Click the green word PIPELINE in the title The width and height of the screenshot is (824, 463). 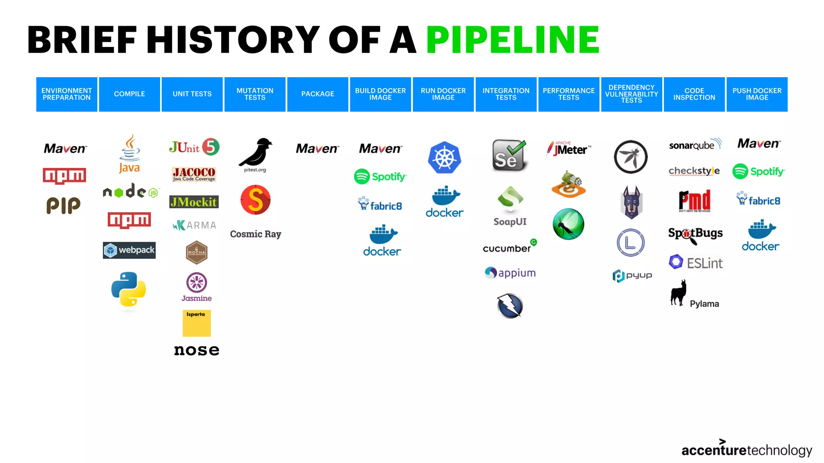click(513, 39)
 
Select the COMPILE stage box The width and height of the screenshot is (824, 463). click(130, 94)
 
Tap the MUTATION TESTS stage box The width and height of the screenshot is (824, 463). click(255, 94)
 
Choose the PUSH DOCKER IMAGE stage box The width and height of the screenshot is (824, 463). click(757, 94)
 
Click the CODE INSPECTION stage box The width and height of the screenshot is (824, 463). click(694, 94)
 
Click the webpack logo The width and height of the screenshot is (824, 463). click(129, 250)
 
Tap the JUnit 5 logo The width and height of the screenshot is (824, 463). click(194, 147)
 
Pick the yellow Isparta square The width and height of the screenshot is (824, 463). click(196, 323)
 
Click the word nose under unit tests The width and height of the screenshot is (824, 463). click(196, 350)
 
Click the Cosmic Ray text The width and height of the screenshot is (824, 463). click(255, 234)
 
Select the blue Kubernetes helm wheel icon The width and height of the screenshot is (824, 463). click(444, 158)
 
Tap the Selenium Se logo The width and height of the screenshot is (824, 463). click(509, 156)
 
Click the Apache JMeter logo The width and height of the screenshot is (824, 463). click(569, 149)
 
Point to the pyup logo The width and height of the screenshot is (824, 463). click(632, 276)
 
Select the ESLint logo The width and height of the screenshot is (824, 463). click(696, 263)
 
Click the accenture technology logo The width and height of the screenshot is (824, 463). click(747, 449)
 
